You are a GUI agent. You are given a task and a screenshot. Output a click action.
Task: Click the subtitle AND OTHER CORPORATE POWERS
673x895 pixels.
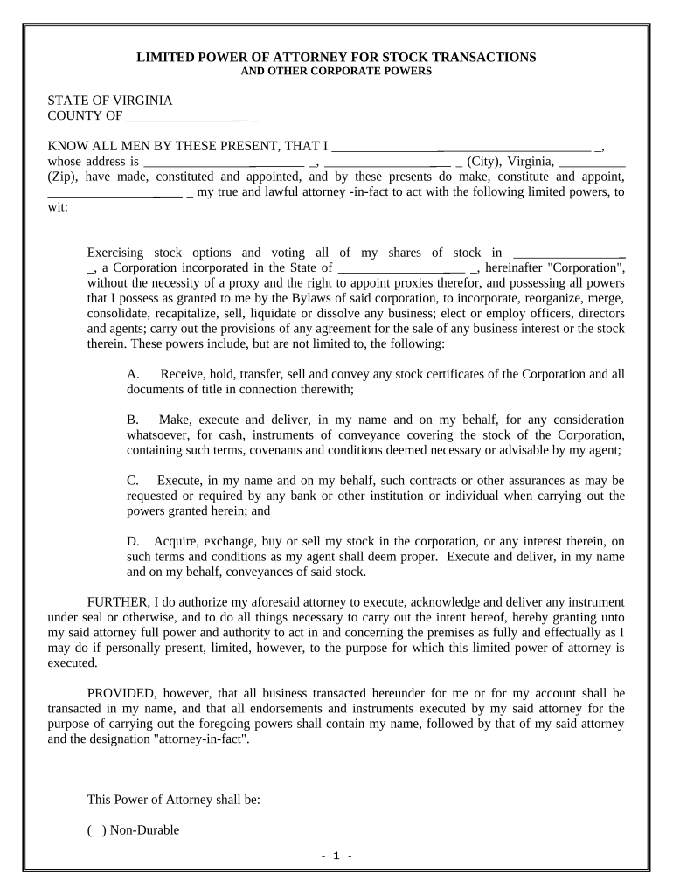[336, 72]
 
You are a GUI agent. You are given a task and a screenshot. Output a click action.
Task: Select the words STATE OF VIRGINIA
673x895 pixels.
[109, 101]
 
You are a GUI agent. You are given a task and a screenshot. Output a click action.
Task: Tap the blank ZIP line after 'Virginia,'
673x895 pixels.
[592, 163]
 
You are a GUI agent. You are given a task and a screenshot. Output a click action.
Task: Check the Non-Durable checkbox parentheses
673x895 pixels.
[96, 830]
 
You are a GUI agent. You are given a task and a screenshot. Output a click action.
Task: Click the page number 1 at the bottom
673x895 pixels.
[336, 856]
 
